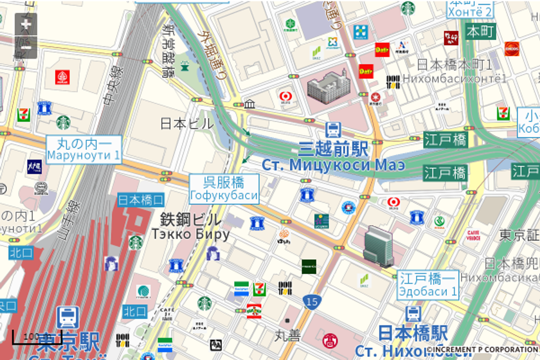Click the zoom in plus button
coord(26,24)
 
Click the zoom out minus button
coord(26,47)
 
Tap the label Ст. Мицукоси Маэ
coord(333,165)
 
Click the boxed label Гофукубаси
coord(224,195)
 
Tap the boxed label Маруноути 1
coord(83,155)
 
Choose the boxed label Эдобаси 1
coord(428,291)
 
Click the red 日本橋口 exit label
coord(141,199)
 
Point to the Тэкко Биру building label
coord(190,234)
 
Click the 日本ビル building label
coord(186,123)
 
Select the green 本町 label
coord(480,31)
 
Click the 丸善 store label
coord(287,335)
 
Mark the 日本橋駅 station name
coord(412,333)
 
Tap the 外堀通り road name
coord(213,55)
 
